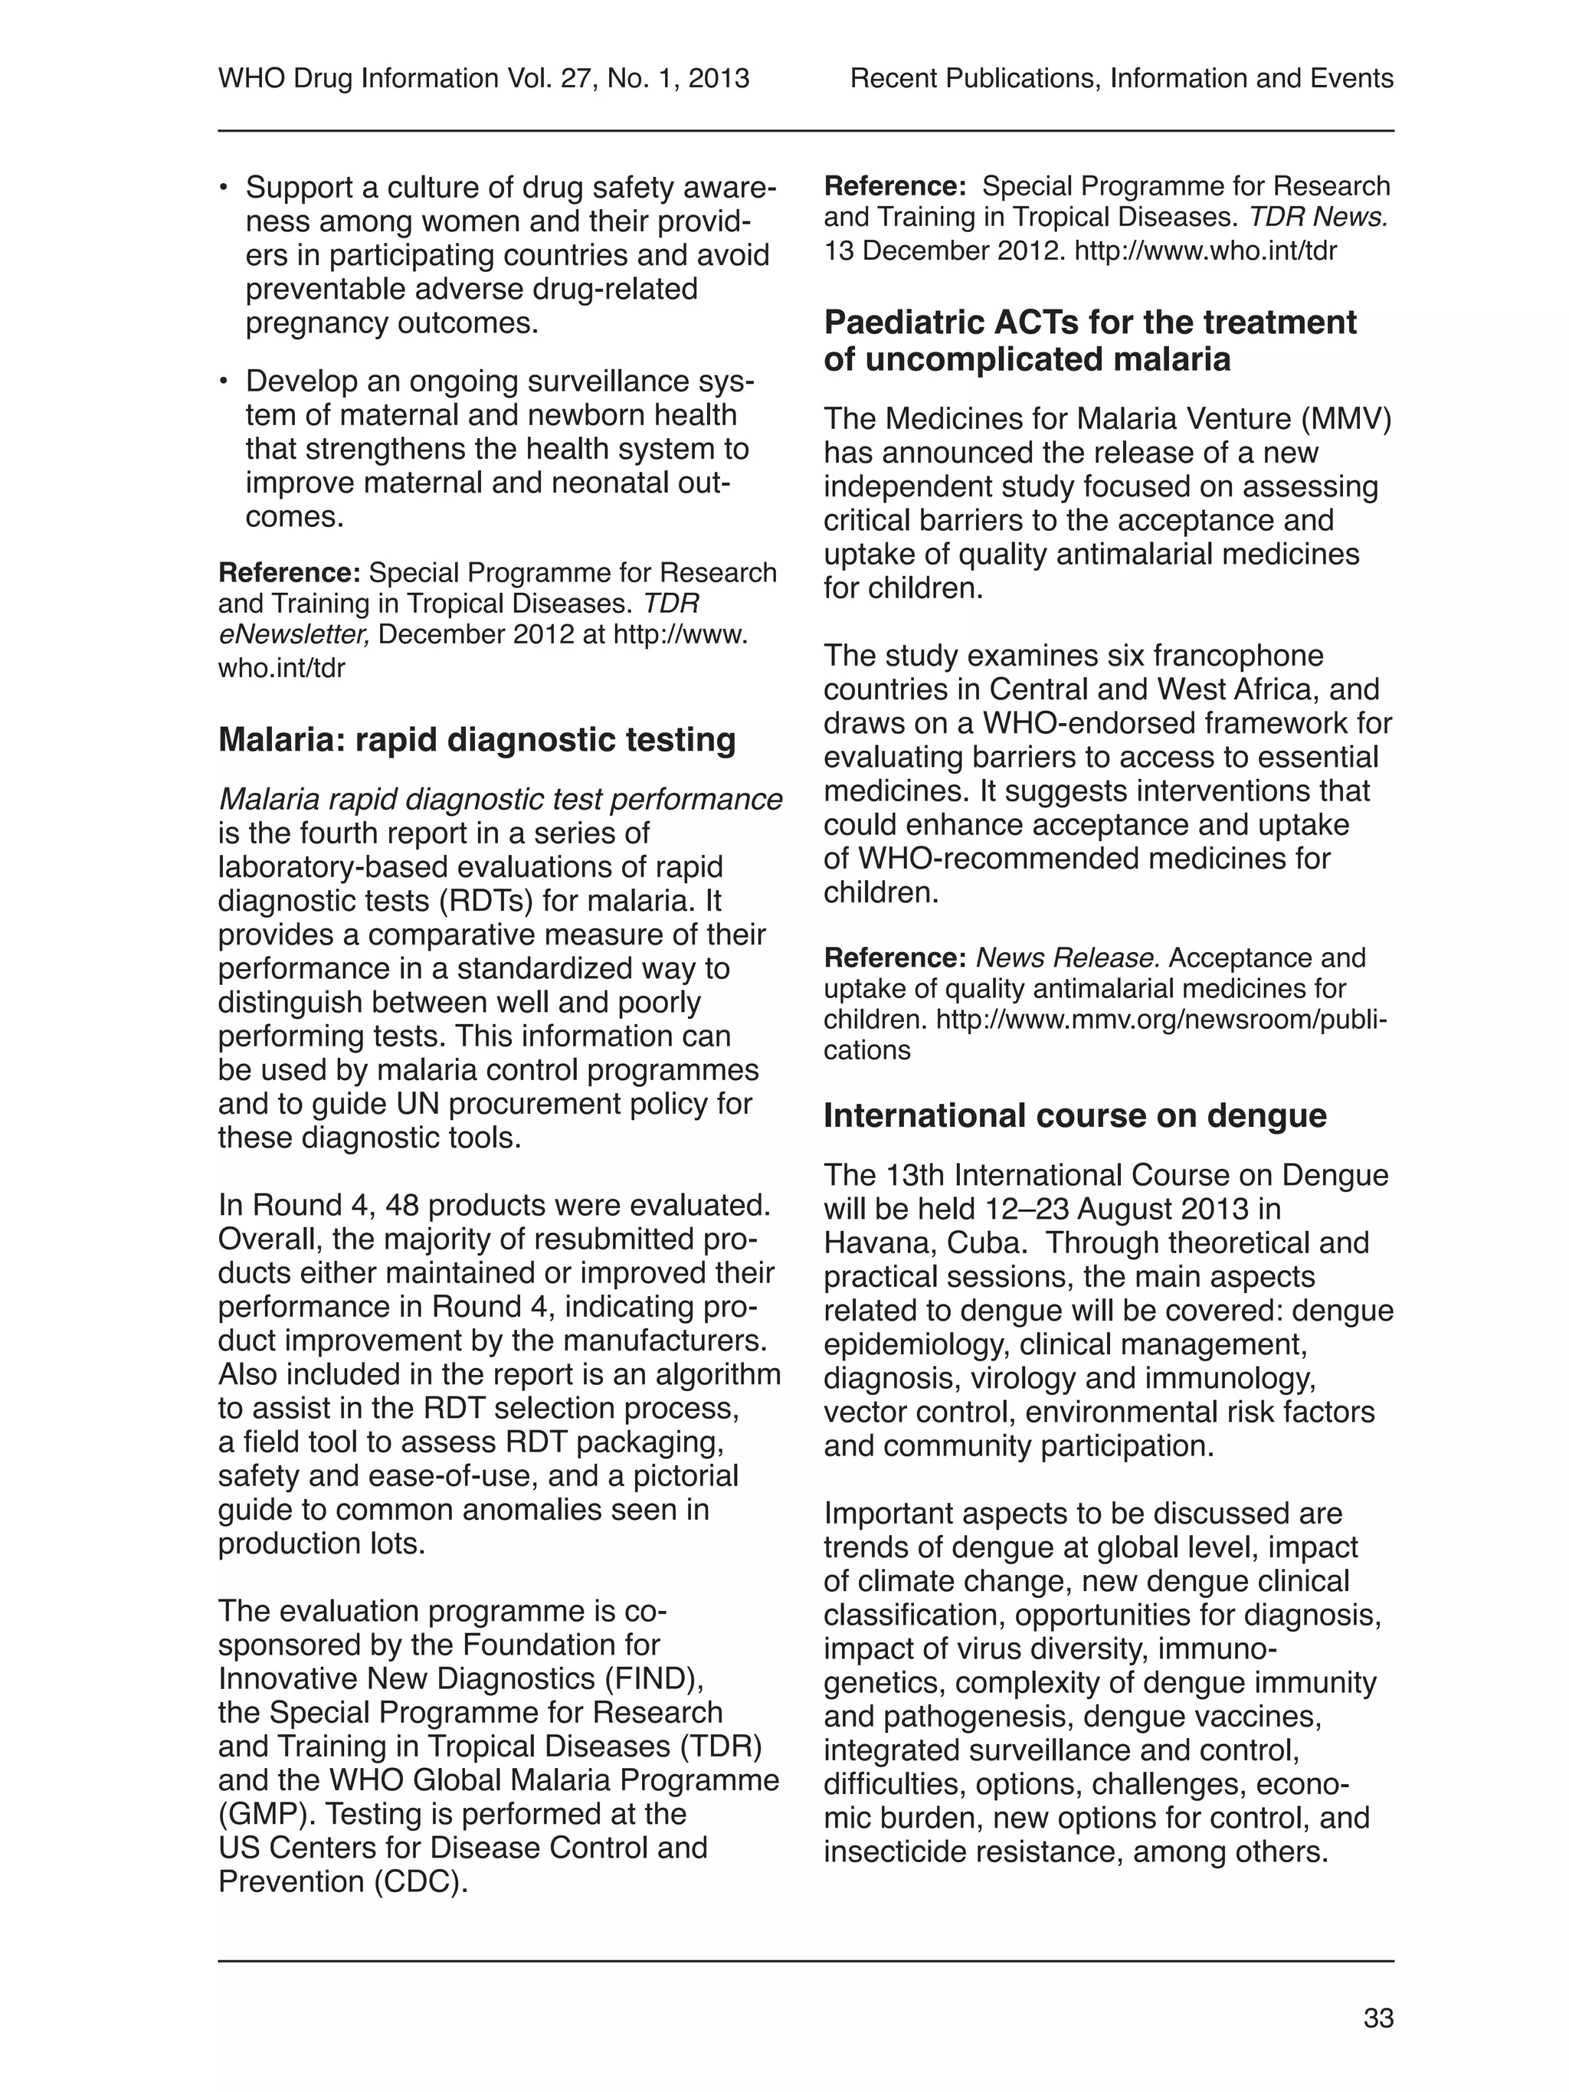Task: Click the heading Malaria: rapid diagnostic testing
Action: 477,739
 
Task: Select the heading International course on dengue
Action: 1074,1116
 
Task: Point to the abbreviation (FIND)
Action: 654,1678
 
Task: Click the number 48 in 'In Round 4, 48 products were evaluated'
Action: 406,1205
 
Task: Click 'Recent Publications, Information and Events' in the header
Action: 1122,78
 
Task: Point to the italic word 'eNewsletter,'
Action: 294,633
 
